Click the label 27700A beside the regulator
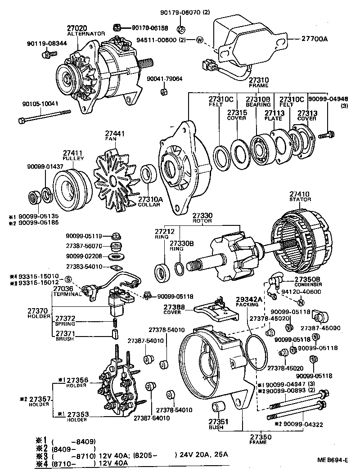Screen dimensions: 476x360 click(311, 39)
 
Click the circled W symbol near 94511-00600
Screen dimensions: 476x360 click(200, 41)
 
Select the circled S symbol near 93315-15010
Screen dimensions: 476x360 click(68, 279)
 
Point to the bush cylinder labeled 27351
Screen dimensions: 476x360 click(219, 406)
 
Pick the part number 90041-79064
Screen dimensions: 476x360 click(164, 79)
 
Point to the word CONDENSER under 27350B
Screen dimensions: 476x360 click(308, 285)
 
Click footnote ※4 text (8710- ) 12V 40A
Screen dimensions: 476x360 click(90, 463)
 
